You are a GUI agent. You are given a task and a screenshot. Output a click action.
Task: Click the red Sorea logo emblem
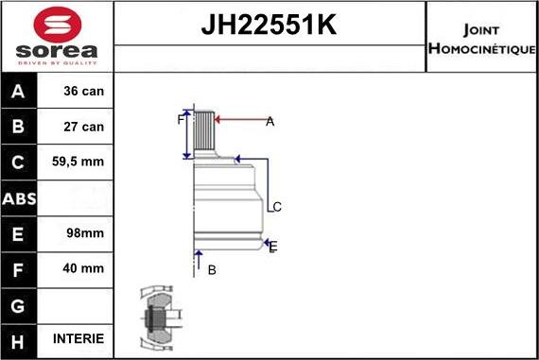[58, 25]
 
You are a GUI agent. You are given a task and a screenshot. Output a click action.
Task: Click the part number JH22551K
[269, 25]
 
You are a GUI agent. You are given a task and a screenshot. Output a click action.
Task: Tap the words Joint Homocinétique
[481, 39]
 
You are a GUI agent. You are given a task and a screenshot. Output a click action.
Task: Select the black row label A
[18, 91]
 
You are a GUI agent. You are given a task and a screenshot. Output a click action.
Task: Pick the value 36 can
[83, 91]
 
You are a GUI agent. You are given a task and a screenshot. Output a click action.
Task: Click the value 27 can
[83, 127]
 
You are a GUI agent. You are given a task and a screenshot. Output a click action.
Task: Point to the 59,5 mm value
[78, 162]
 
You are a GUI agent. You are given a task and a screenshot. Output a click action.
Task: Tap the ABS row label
[19, 198]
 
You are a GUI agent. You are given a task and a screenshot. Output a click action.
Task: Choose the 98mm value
[85, 233]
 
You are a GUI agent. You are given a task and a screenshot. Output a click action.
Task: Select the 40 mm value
[83, 268]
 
